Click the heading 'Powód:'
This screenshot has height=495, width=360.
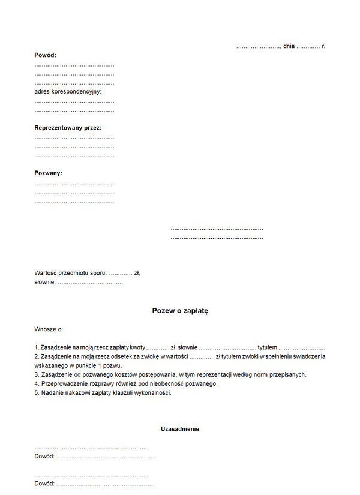click(x=45, y=55)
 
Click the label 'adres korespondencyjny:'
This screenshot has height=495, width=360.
click(x=68, y=92)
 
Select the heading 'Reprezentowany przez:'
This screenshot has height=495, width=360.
click(x=68, y=128)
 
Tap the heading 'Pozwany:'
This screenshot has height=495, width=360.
click(x=49, y=173)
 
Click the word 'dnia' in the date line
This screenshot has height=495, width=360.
click(x=289, y=46)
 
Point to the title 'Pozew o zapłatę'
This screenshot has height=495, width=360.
click(x=180, y=311)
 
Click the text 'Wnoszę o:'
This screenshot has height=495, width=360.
click(x=49, y=329)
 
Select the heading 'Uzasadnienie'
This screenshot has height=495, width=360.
click(x=180, y=429)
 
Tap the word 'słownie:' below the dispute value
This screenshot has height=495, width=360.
click(x=45, y=282)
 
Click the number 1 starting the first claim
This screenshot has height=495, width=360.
click(x=36, y=347)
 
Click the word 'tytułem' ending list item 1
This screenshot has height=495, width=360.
click(x=267, y=347)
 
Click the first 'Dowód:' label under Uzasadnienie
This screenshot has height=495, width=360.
click(x=44, y=457)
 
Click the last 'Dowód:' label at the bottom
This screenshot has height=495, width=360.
click(x=44, y=484)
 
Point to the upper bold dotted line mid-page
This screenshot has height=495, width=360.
click(x=217, y=229)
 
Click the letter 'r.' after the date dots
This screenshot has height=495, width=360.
click(x=323, y=46)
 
